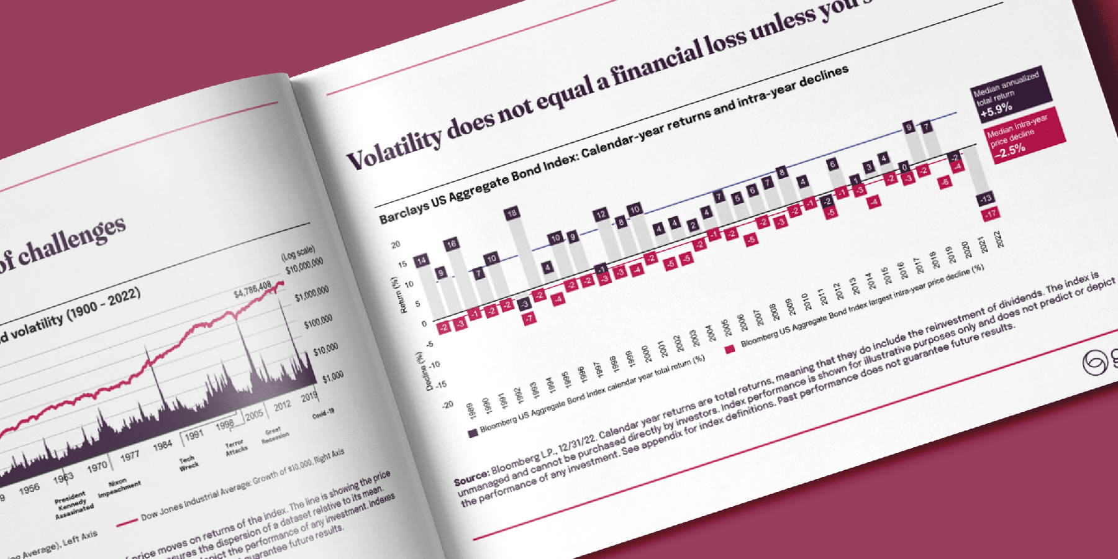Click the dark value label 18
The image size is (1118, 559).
511,214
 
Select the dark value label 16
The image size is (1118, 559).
451,243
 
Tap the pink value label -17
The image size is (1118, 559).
991,214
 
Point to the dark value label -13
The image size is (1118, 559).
986,199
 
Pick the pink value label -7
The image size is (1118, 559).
529,319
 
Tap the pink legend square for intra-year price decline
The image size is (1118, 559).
730,350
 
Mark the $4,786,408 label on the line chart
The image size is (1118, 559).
252,289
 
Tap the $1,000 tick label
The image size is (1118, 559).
333,376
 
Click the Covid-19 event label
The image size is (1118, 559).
323,413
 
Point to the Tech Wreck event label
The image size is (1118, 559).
188,463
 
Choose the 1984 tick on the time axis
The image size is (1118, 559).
163,445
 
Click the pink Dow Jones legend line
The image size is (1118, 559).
127,523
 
